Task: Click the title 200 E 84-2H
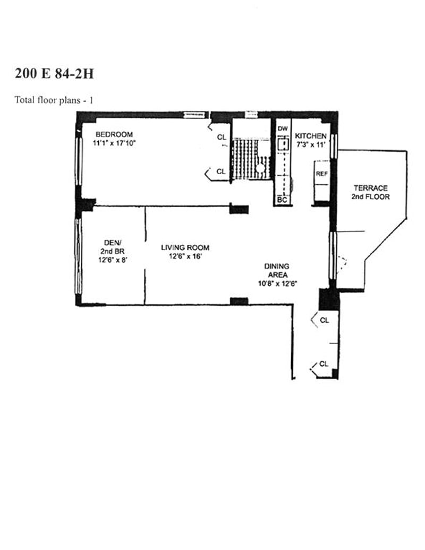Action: point(54,74)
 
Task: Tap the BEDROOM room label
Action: point(114,134)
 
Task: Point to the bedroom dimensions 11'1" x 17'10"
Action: point(114,143)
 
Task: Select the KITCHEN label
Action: point(311,136)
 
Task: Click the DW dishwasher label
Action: point(283,128)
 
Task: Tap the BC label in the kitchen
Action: point(282,200)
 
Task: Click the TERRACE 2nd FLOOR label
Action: point(371,192)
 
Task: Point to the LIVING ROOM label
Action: point(185,247)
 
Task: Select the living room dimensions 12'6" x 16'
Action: point(185,256)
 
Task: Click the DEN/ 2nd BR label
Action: point(112,247)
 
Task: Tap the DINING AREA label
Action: point(277,270)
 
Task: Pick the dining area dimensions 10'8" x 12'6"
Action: point(278,283)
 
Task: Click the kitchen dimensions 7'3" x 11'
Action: point(311,144)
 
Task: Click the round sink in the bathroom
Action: point(260,168)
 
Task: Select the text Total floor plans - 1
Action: point(54,100)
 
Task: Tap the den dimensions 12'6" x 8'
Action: point(113,260)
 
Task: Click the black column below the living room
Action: point(239,301)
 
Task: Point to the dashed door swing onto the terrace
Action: point(342,265)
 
